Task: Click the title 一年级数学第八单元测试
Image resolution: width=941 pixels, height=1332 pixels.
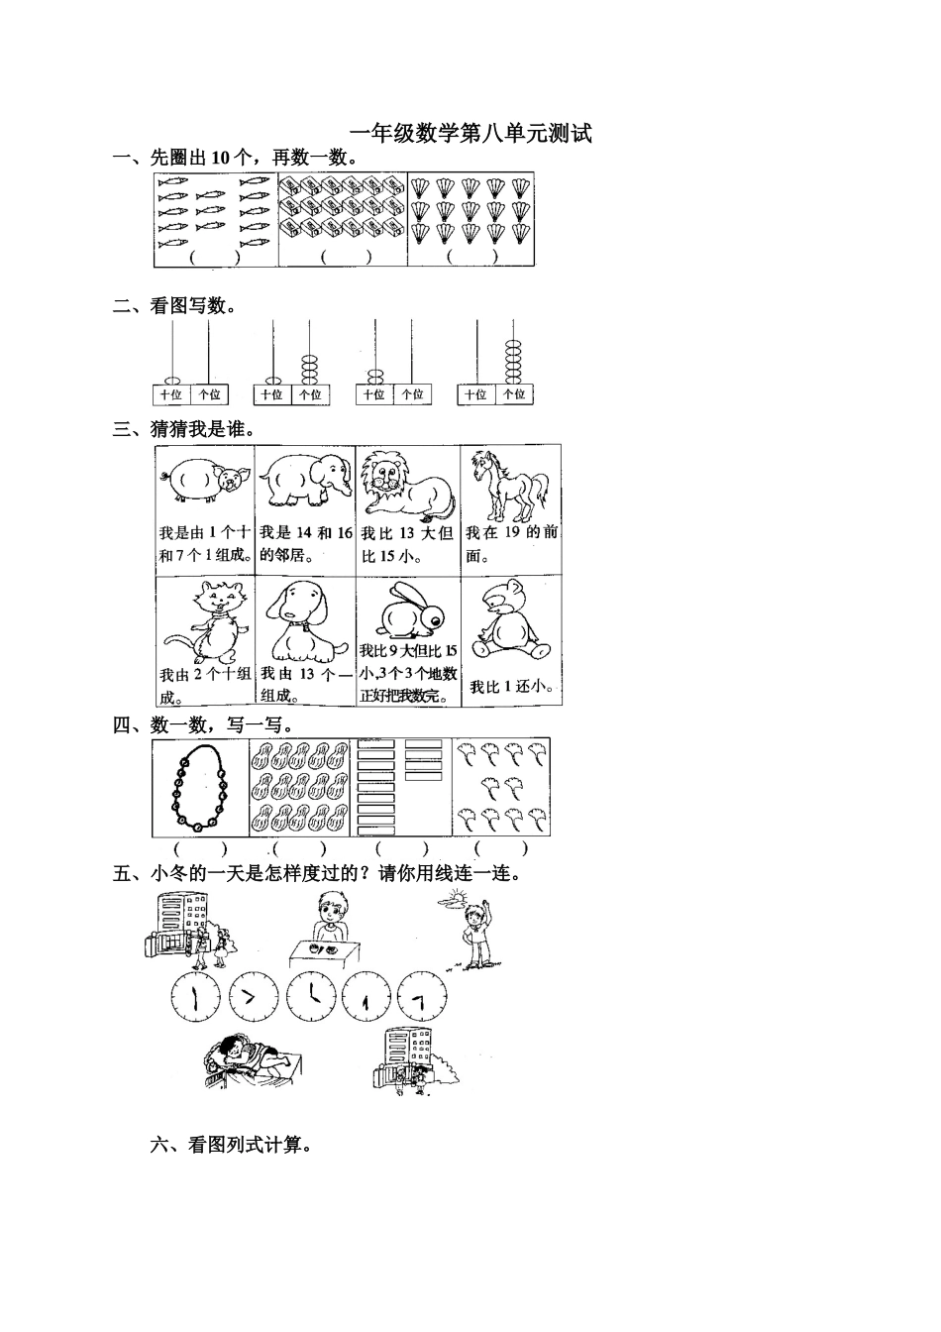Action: point(470,134)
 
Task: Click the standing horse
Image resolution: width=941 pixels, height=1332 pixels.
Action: point(508,486)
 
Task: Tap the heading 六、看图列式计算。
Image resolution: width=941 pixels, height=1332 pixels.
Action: point(232,1146)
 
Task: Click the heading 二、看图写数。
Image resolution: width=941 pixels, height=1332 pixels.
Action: point(175,306)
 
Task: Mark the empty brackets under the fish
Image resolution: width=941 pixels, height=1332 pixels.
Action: point(215,257)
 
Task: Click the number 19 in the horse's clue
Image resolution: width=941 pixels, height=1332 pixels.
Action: point(512,532)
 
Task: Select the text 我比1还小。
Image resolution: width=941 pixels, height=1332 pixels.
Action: point(511,687)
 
